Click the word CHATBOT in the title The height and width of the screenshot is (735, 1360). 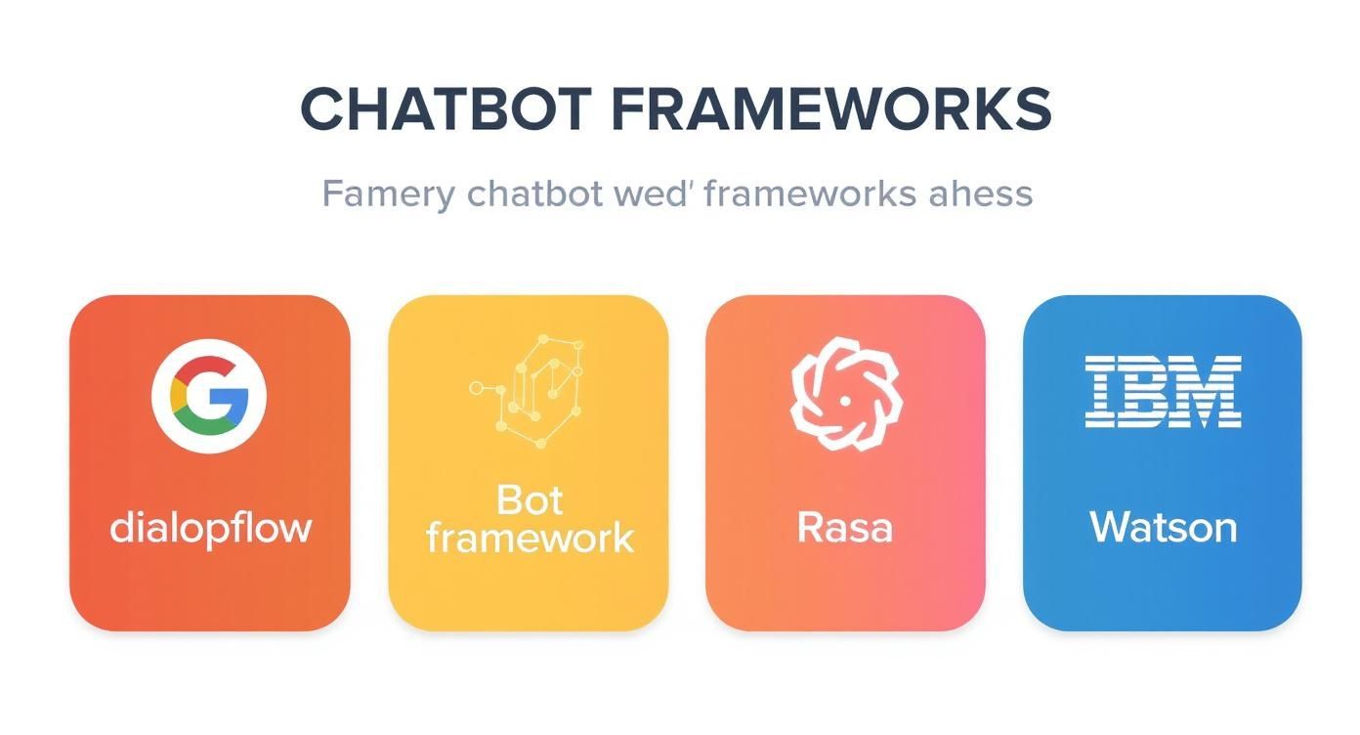click(445, 109)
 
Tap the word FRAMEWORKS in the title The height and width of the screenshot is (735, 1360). click(831, 109)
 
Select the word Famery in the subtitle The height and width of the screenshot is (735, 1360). click(388, 194)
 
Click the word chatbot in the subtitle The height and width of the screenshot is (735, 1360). click(535, 194)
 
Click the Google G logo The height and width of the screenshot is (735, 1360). click(209, 395)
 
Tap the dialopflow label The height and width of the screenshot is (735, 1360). click(210, 528)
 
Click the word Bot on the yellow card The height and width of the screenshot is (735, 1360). click(530, 500)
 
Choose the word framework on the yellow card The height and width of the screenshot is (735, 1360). click(530, 538)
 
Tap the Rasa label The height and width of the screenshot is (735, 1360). click(845, 528)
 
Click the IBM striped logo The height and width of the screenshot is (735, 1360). click(1163, 391)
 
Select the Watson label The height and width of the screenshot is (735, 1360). click(1163, 528)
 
